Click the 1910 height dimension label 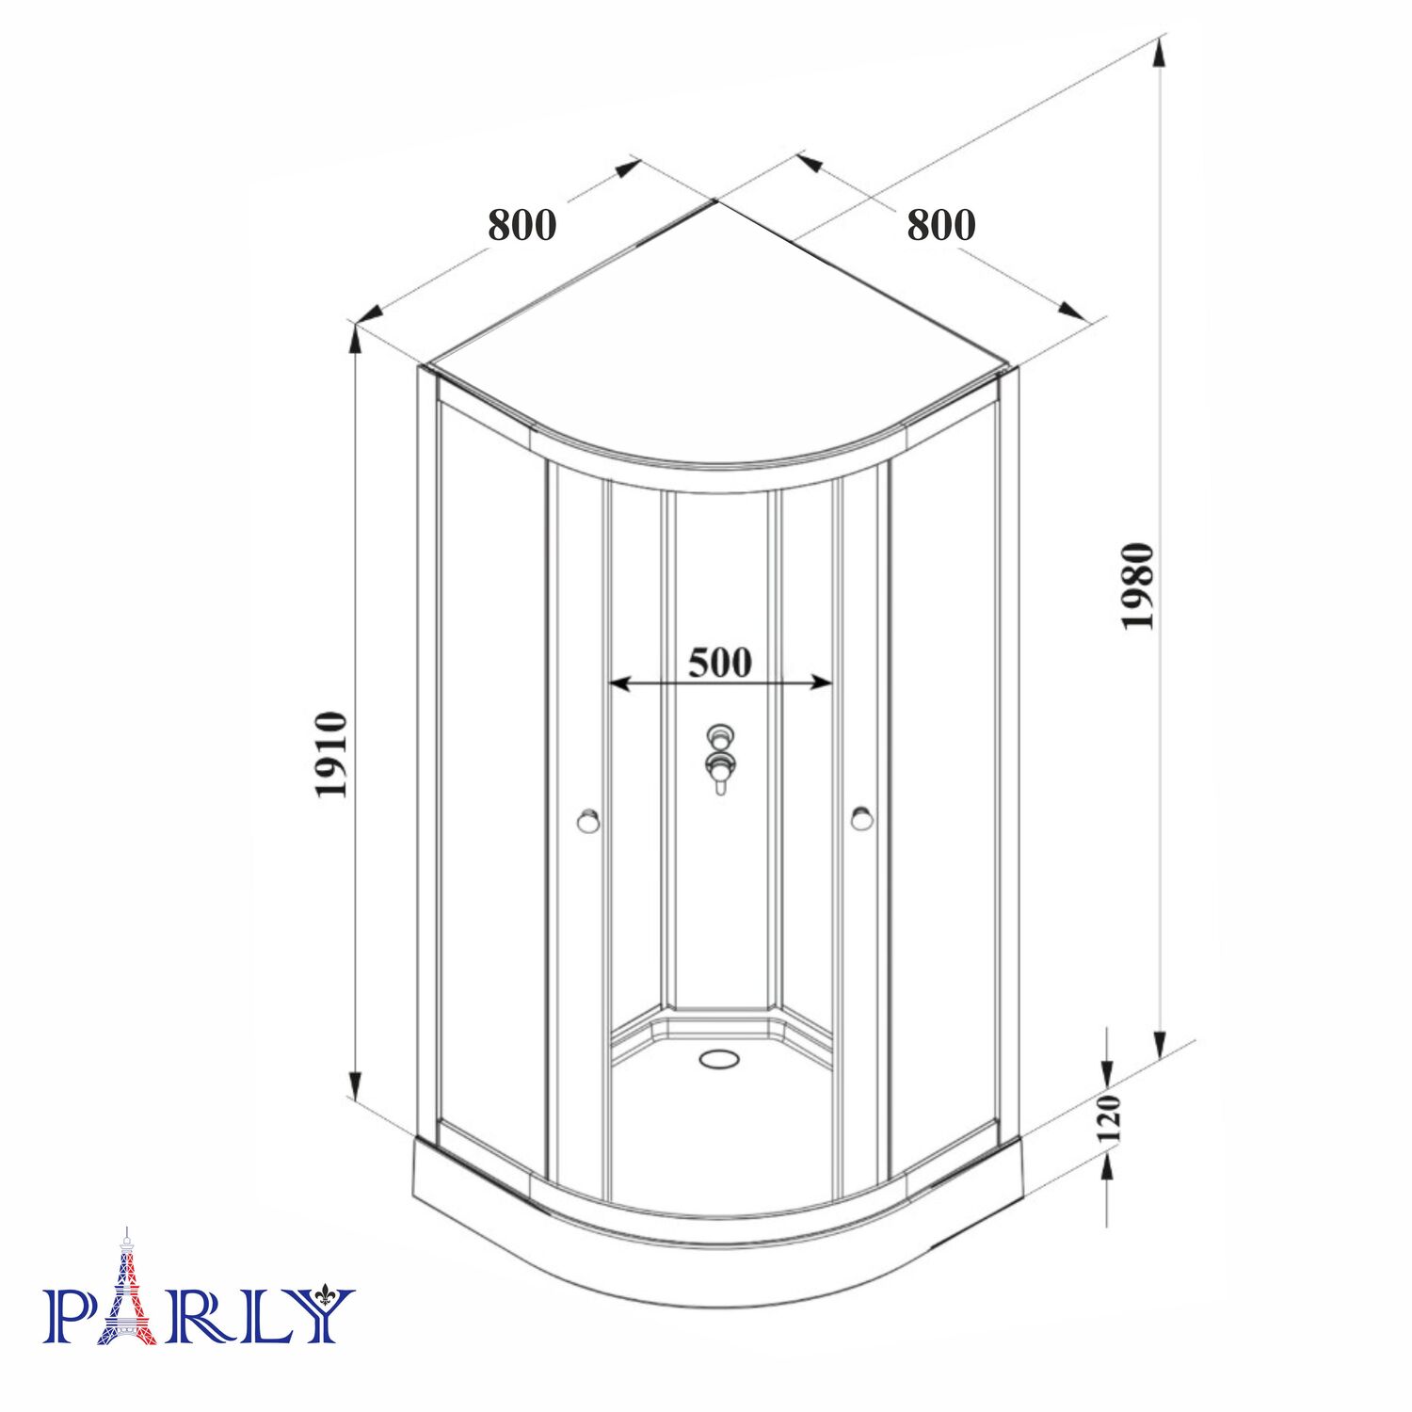(331, 755)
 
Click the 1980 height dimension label (1137, 586)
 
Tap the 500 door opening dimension (720, 662)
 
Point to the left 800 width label (521, 225)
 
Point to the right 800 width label (940, 225)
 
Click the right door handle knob (861, 818)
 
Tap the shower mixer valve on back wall (721, 761)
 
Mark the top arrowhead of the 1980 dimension (1160, 52)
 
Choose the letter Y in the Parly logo (322, 1315)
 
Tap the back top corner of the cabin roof (717, 201)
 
